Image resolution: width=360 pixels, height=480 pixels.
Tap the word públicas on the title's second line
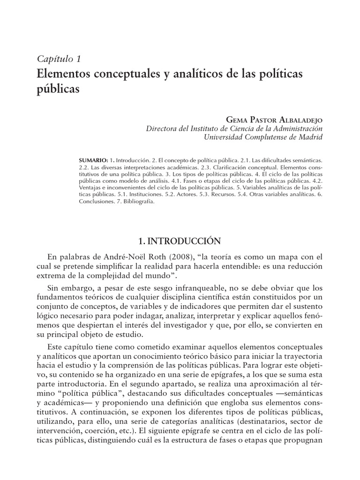click(57, 89)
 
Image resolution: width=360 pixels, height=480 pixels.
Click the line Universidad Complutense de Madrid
click(262, 137)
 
